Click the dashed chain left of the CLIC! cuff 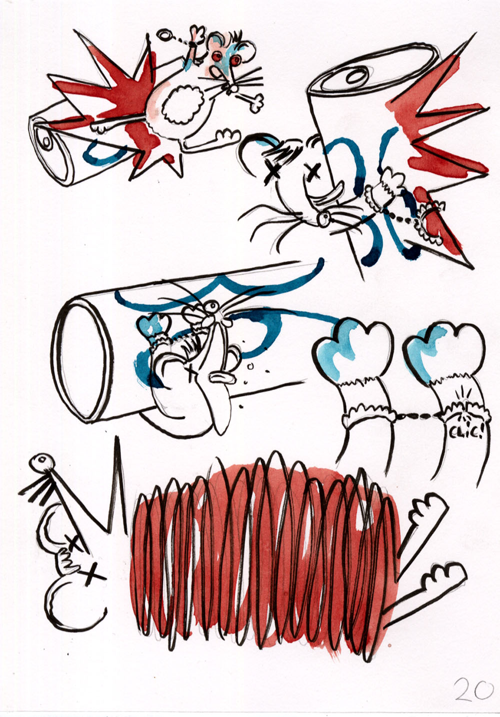(x=417, y=416)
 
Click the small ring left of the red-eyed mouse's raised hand (x=163, y=35)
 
